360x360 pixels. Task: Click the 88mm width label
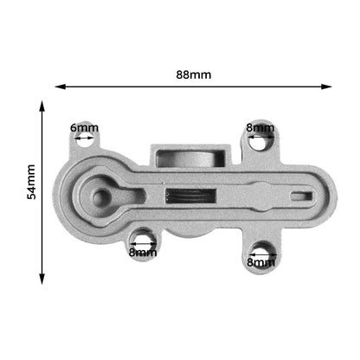coord(194,74)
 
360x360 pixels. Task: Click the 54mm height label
coord(31,182)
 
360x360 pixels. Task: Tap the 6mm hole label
coord(84,127)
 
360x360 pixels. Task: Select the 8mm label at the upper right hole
coord(260,127)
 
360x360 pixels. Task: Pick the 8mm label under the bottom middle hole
coord(143,253)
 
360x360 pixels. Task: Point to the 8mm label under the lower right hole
coord(260,262)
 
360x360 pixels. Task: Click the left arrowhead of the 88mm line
coord(60,87)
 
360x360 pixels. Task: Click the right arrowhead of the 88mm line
coord(326,87)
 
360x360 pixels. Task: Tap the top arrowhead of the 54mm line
coord(42,106)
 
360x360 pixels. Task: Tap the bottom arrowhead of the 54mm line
coord(42,279)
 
